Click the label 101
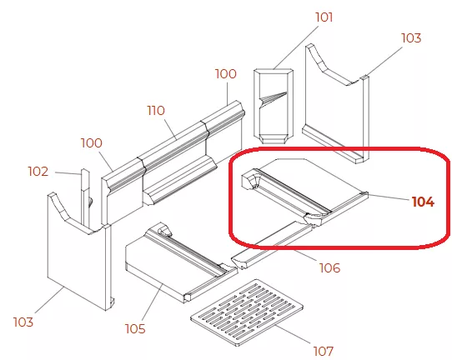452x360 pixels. point(324,17)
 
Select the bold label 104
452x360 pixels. point(423,202)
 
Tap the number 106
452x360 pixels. point(329,267)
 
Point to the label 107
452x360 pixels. point(324,351)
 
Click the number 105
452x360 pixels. point(135,328)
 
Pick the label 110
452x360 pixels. point(156,110)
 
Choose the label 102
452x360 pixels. point(38,172)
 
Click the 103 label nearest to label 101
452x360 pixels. point(411,37)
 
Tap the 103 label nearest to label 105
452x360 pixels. point(23,322)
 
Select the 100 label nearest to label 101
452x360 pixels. point(226,73)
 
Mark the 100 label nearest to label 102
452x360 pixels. point(92,143)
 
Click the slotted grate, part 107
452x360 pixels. point(247,312)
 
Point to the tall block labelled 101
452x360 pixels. point(274,106)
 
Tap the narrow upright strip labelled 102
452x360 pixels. point(85,198)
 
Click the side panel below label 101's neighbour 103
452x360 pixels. point(337,103)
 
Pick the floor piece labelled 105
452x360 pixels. point(182,262)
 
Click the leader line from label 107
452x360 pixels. point(294,334)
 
